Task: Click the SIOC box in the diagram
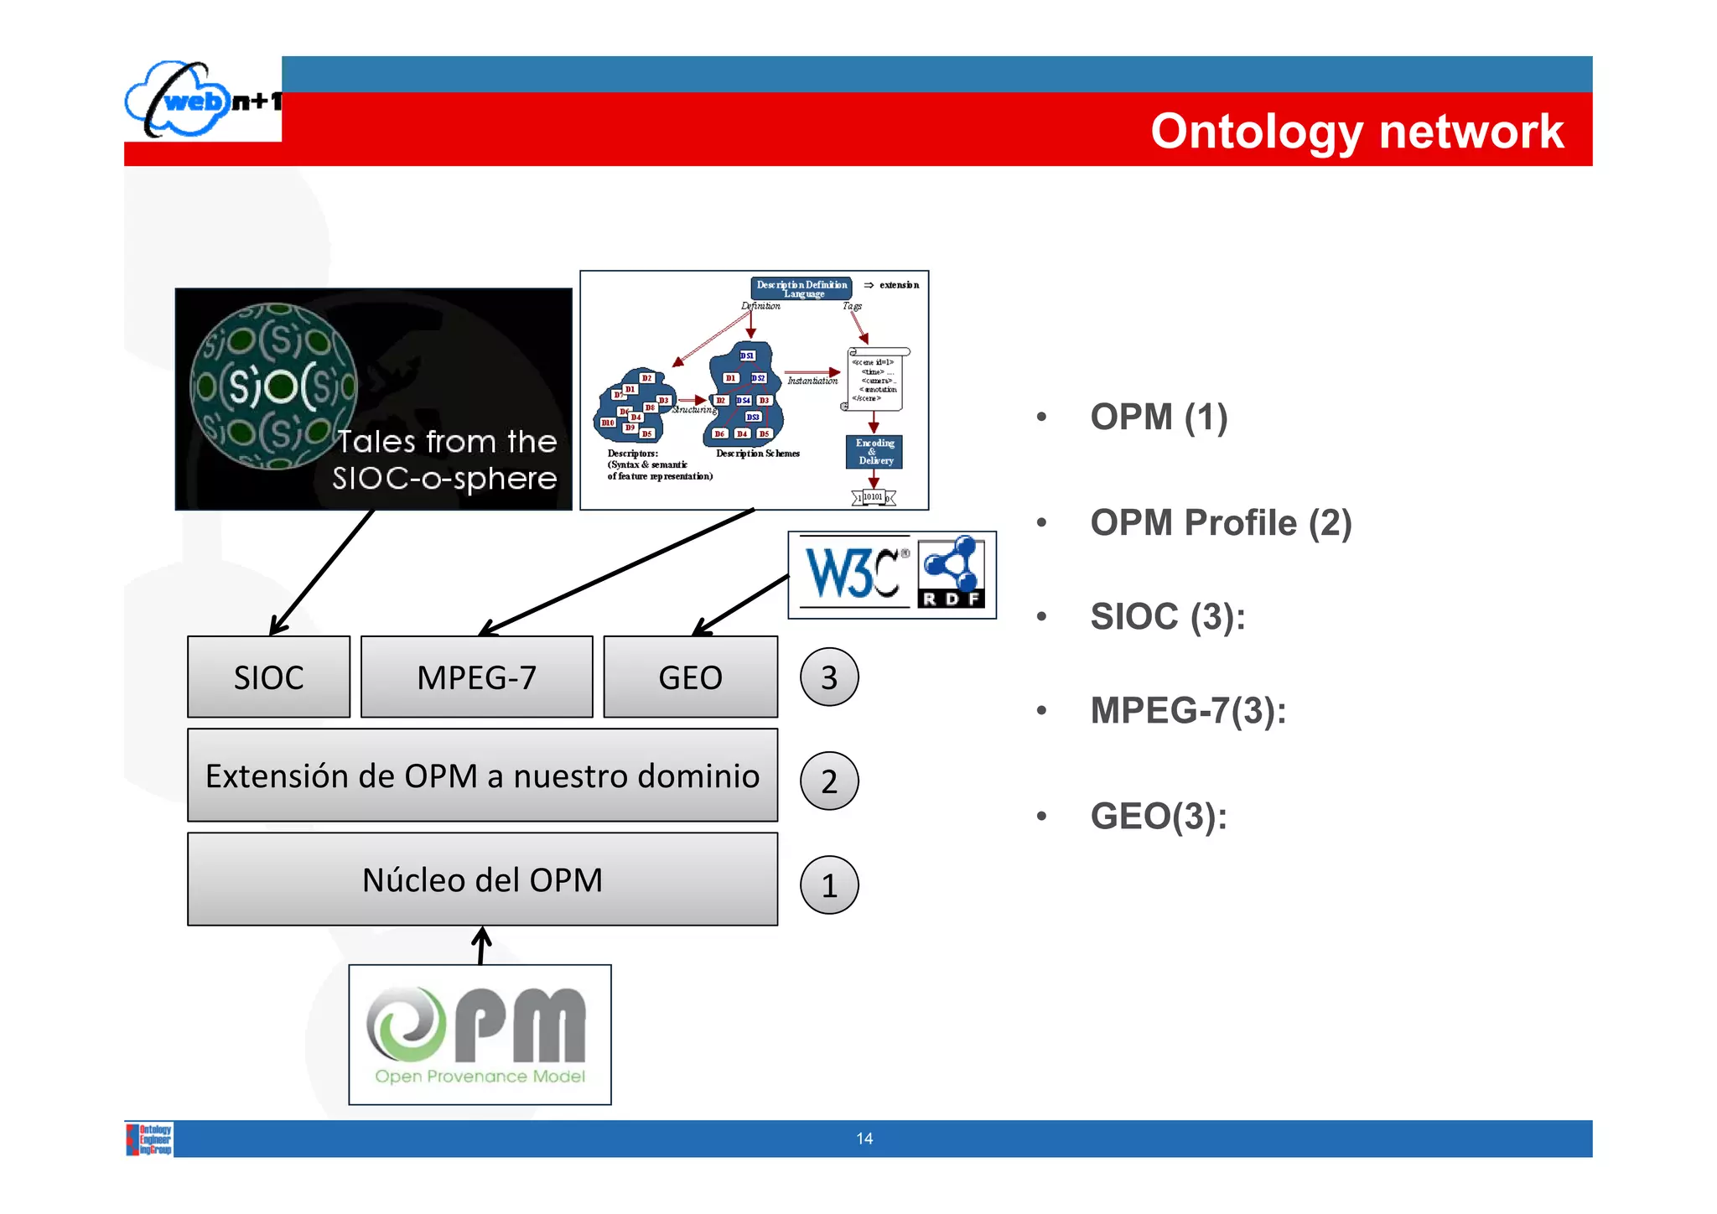coord(268,677)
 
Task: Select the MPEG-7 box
coord(476,677)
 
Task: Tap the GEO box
coord(690,677)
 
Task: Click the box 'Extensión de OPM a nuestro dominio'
coord(482,776)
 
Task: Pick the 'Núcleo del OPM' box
coord(482,879)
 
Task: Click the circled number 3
coord(829,677)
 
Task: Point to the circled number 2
coord(829,781)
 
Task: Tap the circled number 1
coord(829,885)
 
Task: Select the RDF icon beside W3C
coord(951,573)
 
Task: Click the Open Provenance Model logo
coord(480,1035)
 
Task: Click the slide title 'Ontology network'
coord(1356,132)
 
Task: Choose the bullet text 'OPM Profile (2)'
coord(1221,523)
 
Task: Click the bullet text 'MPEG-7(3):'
coord(1188,711)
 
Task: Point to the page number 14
coord(864,1139)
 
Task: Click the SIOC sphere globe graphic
coord(274,386)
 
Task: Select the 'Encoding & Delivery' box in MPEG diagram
coord(874,452)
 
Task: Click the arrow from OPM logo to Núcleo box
coord(481,945)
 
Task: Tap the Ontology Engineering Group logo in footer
coord(150,1139)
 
